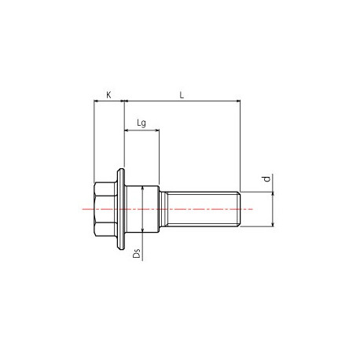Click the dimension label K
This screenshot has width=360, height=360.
coord(108,94)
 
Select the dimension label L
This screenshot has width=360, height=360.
coord(182,94)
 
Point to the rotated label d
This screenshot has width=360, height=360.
coord(266,181)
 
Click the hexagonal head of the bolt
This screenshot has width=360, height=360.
coord(104,208)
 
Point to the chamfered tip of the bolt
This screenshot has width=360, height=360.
coord(237,208)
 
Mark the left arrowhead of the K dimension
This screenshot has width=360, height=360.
coord(95,101)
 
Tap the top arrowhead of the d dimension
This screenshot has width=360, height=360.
coord(273,193)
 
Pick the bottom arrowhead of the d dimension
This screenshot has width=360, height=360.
coord(273,225)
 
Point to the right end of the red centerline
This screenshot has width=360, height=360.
coord(252,208)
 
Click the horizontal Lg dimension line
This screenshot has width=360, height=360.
coord(141,130)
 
